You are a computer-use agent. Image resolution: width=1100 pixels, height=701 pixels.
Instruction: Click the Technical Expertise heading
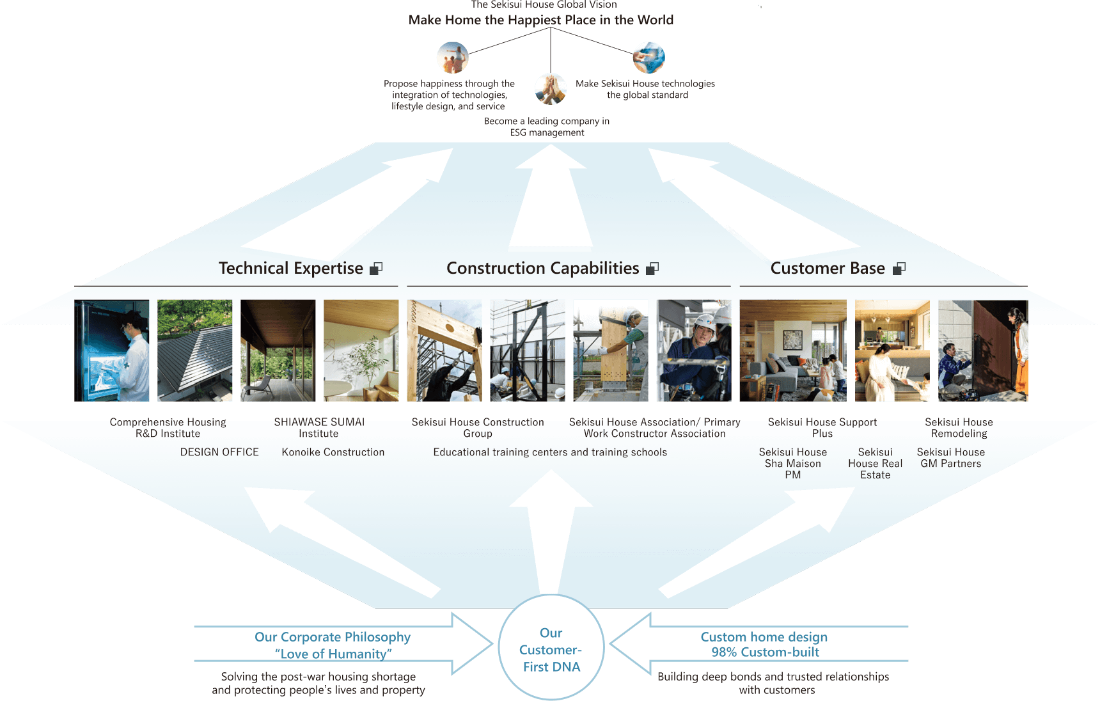(x=290, y=268)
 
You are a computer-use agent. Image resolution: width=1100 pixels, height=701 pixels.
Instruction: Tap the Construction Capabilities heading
(x=542, y=268)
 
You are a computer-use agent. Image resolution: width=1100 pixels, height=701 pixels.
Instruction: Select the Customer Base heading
(x=827, y=268)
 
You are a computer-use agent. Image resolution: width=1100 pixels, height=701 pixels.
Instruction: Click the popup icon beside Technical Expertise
(x=376, y=269)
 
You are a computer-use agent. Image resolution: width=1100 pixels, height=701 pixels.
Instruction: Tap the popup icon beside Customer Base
(x=899, y=269)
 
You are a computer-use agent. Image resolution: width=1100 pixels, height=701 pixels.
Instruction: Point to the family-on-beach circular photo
(x=452, y=58)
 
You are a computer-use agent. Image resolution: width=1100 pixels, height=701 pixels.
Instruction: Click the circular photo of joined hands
(x=551, y=89)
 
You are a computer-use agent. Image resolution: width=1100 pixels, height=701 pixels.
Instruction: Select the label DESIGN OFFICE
(x=219, y=452)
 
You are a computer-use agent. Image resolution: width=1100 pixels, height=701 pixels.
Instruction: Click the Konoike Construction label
(x=333, y=452)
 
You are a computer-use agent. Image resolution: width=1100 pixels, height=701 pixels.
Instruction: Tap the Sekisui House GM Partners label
(x=950, y=458)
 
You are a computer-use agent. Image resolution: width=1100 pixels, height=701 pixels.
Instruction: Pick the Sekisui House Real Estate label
(x=875, y=463)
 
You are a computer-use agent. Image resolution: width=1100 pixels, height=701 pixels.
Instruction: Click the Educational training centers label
(x=550, y=452)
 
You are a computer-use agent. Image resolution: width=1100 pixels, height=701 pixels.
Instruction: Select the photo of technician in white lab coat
(x=112, y=350)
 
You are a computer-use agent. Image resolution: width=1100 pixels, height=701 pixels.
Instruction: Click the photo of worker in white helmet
(x=694, y=350)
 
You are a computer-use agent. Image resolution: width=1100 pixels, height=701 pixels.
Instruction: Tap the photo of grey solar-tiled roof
(x=195, y=350)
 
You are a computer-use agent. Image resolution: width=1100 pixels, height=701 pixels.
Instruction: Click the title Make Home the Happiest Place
(x=541, y=20)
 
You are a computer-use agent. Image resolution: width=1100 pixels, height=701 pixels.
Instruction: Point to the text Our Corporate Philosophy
(x=333, y=637)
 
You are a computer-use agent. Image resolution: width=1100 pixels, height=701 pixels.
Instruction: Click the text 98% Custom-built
(x=765, y=652)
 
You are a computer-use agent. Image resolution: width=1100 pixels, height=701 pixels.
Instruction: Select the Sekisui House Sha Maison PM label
(x=792, y=463)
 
